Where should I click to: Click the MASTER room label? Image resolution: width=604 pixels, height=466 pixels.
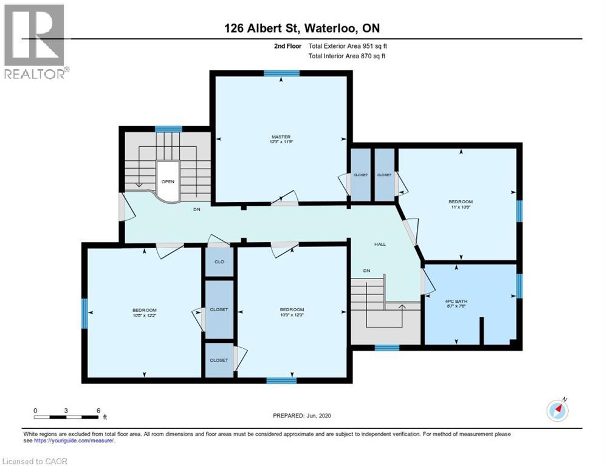click(281, 139)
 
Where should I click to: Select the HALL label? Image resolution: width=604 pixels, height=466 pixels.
click(380, 244)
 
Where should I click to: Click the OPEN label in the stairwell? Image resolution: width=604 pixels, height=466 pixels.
click(168, 181)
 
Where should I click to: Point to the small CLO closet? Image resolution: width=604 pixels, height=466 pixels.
click(219, 262)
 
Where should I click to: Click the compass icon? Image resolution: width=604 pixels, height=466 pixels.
click(557, 411)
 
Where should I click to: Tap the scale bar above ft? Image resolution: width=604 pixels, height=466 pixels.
click(67, 416)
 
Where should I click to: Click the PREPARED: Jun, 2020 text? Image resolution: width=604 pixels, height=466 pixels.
click(301, 416)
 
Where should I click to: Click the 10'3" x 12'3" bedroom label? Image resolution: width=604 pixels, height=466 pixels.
click(292, 312)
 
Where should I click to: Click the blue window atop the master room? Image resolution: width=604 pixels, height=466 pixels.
click(281, 73)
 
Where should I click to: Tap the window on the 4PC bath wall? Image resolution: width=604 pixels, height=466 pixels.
click(519, 286)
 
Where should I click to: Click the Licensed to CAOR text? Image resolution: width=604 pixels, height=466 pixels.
click(35, 461)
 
